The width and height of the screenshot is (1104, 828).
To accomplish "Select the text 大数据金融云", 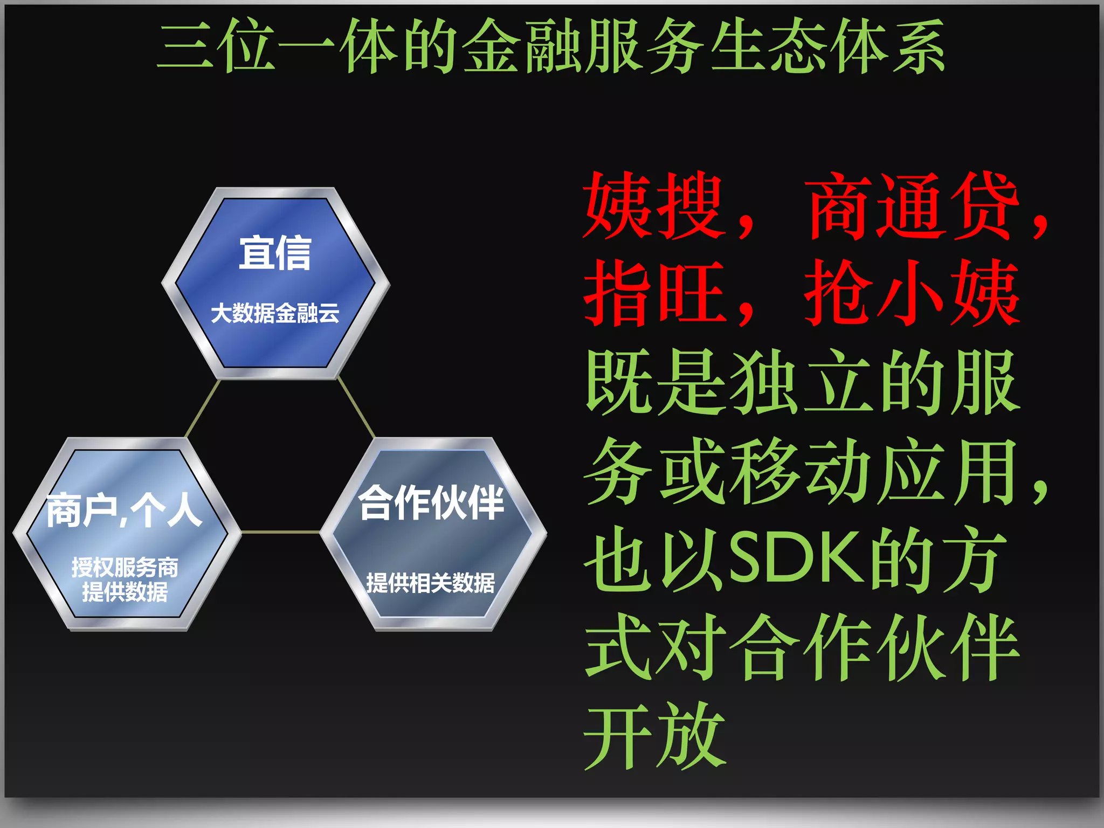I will pyautogui.click(x=275, y=313).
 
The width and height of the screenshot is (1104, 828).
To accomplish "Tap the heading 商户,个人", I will pyautogui.click(x=124, y=510).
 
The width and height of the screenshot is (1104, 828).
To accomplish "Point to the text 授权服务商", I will pyautogui.click(x=125, y=567).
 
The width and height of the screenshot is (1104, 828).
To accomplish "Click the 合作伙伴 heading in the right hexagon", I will pyautogui.click(x=431, y=503).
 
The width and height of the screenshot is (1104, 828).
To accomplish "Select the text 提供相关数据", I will pyautogui.click(x=430, y=583).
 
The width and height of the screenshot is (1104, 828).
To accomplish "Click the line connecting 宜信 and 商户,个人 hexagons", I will pyautogui.click(x=203, y=408).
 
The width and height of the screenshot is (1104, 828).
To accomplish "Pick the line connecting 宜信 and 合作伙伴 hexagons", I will pyautogui.click(x=356, y=408).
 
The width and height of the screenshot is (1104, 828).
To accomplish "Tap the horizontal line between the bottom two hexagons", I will pyautogui.click(x=280, y=532).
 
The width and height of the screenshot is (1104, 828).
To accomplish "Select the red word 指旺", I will pyautogui.click(x=654, y=293).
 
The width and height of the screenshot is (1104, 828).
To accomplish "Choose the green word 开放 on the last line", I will pyautogui.click(x=654, y=735).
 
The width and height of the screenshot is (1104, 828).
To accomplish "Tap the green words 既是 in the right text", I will pyautogui.click(x=654, y=383).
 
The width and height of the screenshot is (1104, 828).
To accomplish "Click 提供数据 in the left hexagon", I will pyautogui.click(x=125, y=592).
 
